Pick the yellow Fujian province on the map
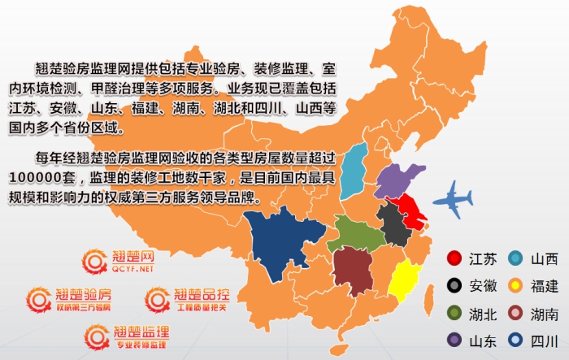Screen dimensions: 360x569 pos(405,280)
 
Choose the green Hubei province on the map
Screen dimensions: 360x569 pos(354,236)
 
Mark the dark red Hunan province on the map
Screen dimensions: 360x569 pos(351,269)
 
